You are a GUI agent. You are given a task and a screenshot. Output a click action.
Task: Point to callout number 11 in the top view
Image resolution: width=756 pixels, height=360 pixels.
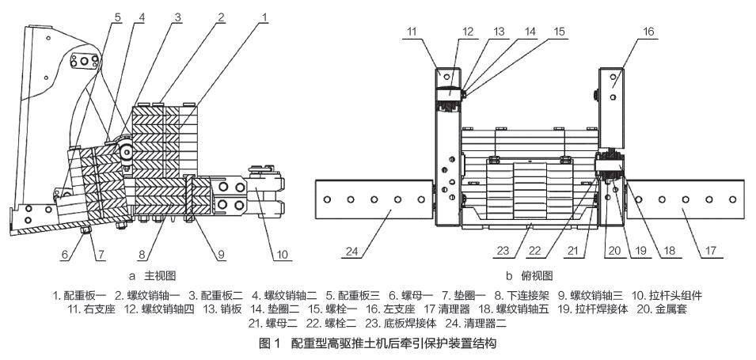[434, 32]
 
